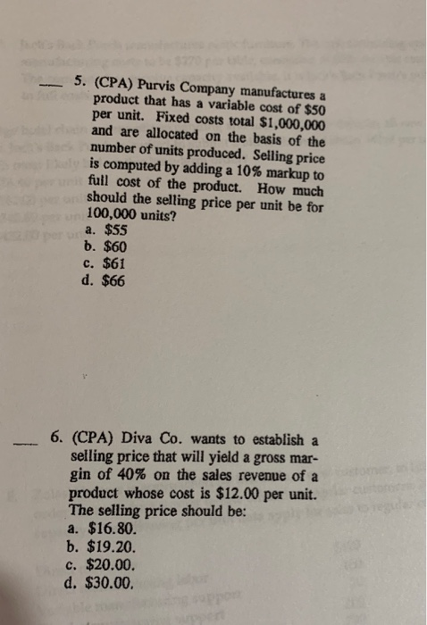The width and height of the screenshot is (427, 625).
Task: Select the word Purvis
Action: coord(156,86)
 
